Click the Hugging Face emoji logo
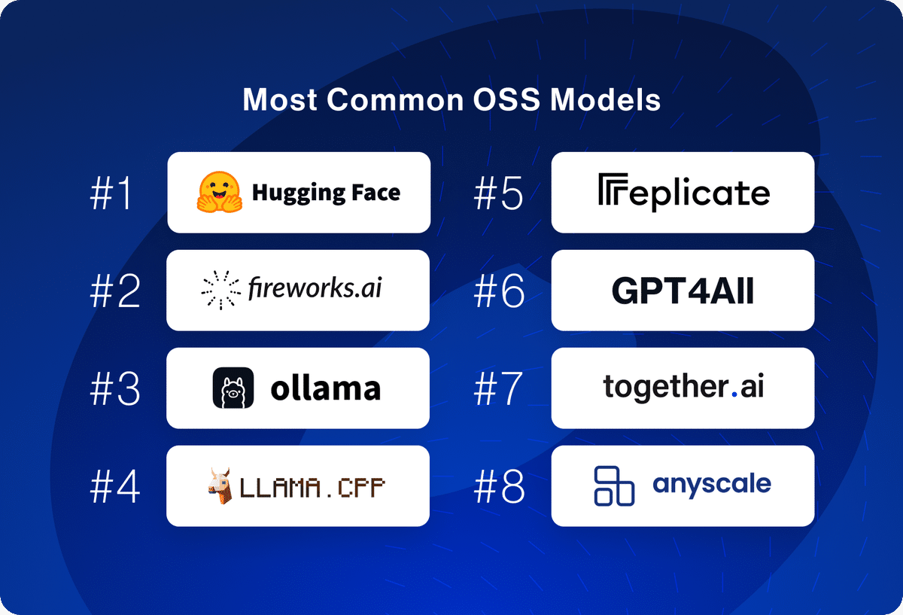click(220, 192)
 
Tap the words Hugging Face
click(326, 193)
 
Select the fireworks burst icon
click(221, 290)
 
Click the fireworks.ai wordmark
click(315, 288)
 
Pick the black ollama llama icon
click(233, 388)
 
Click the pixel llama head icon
click(220, 486)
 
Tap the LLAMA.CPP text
click(312, 487)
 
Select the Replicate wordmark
click(684, 192)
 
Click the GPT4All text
click(683, 291)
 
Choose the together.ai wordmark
click(683, 387)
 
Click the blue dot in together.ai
click(734, 394)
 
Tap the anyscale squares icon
click(614, 486)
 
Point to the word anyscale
click(712, 485)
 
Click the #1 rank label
click(111, 193)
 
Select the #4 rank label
click(115, 486)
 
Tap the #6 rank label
click(499, 291)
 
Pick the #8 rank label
click(499, 486)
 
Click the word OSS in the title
click(506, 99)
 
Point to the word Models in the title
click(606, 99)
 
